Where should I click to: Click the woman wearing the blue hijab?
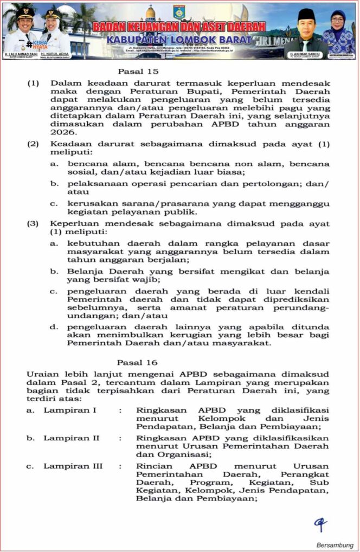click(338, 31)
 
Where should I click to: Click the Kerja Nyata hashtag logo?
click(36, 44)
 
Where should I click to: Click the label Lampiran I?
click(70, 410)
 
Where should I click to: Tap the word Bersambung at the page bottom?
click(335, 544)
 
